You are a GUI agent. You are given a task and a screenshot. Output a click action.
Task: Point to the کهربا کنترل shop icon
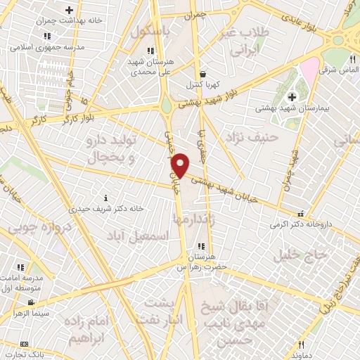point(202,73)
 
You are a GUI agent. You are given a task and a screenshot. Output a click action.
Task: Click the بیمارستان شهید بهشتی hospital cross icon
point(292,97)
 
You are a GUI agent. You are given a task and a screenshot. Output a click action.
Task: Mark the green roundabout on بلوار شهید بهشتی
point(167,108)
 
